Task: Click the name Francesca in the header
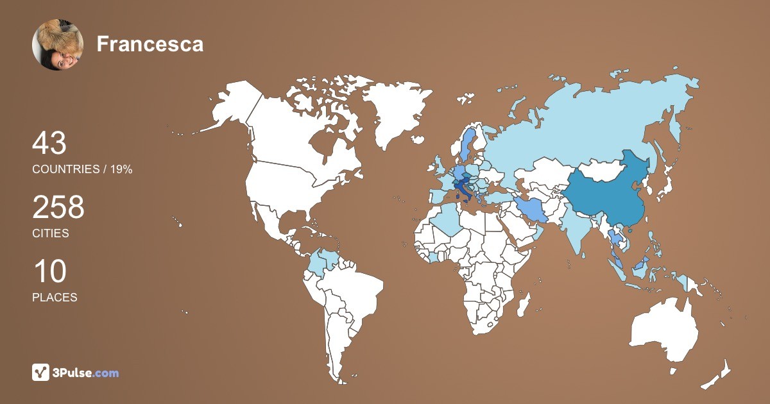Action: pyautogui.click(x=150, y=44)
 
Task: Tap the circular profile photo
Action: pyautogui.click(x=58, y=45)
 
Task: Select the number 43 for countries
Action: pyautogui.click(x=49, y=143)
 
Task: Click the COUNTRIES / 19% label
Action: pyautogui.click(x=82, y=169)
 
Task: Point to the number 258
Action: pyautogui.click(x=58, y=208)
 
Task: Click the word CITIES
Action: pyautogui.click(x=51, y=233)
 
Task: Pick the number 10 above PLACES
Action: pyautogui.click(x=49, y=272)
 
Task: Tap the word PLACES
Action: pyautogui.click(x=55, y=298)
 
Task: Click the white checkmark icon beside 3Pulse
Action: pyautogui.click(x=41, y=372)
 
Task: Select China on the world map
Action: pyautogui.click(x=603, y=192)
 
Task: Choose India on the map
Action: pyautogui.click(x=577, y=231)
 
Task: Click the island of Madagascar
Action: pyautogui.click(x=524, y=303)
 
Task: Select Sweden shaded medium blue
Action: pyautogui.click(x=467, y=144)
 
